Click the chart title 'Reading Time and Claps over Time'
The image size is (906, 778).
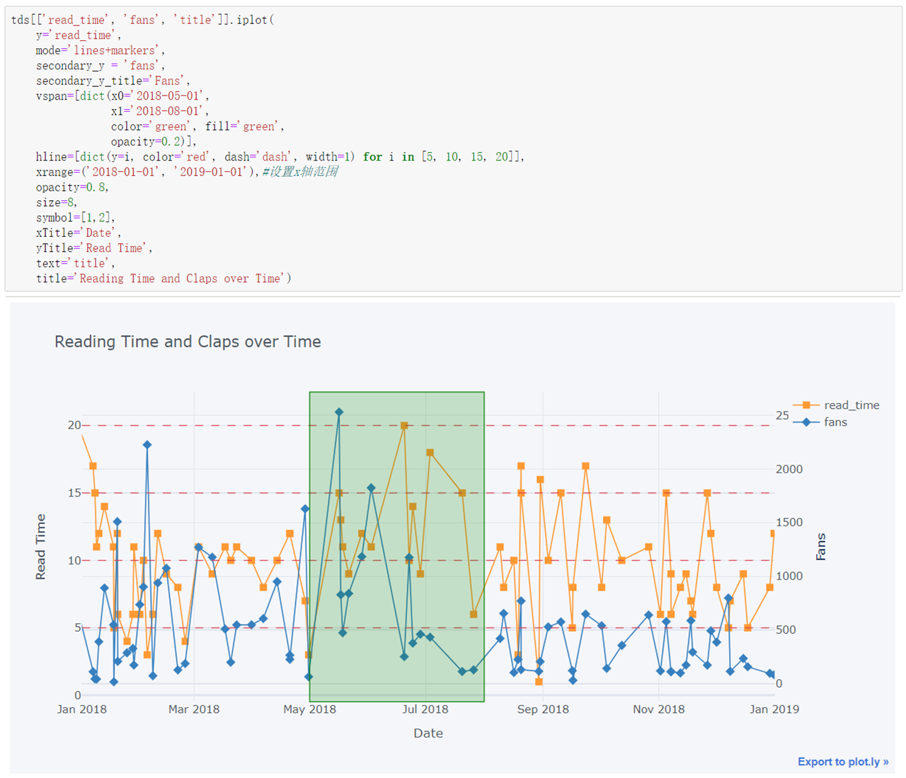(x=188, y=342)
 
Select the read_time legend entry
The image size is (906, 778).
(x=851, y=405)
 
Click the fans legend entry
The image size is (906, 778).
(x=835, y=422)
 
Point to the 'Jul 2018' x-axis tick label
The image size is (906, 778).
(x=425, y=709)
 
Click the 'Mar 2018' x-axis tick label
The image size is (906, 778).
(x=194, y=709)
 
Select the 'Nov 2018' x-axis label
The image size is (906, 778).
(x=658, y=709)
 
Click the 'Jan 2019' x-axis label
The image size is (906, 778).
(x=774, y=709)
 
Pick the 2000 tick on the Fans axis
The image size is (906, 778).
(x=789, y=470)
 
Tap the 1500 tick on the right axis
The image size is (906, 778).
(x=789, y=523)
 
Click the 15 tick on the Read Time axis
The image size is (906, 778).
(x=74, y=493)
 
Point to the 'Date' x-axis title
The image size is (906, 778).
(x=428, y=733)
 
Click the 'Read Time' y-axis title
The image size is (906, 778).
(x=40, y=547)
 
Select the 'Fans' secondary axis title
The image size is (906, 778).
(x=821, y=547)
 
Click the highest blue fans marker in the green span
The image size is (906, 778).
(x=339, y=412)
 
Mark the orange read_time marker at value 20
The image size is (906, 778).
(x=404, y=426)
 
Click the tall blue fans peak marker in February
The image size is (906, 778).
(x=147, y=445)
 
